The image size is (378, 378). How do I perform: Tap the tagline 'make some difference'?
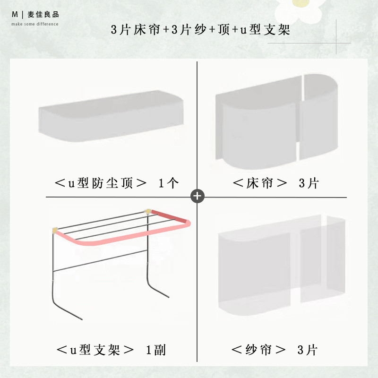35,24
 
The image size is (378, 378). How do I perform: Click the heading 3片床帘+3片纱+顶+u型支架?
200,30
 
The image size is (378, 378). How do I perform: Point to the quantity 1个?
169,183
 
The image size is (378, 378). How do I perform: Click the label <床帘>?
260,183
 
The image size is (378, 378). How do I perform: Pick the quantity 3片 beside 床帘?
309,183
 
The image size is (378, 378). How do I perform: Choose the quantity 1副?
156,350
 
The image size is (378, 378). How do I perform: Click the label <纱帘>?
259,350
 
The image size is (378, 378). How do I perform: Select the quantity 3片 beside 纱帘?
308,350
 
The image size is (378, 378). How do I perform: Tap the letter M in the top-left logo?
15,15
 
